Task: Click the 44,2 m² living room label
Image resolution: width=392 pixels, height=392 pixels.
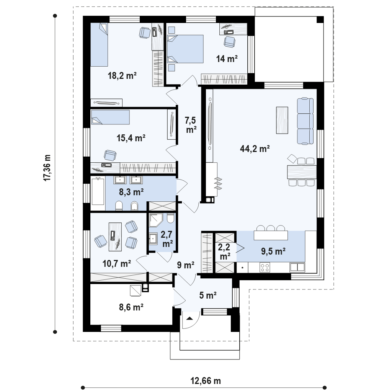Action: [x=255, y=149]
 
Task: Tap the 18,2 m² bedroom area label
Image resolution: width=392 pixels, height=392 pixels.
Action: [x=122, y=75]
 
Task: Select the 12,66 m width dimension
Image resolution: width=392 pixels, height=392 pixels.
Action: [x=206, y=381]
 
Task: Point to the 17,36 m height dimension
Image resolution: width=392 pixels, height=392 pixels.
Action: [x=47, y=168]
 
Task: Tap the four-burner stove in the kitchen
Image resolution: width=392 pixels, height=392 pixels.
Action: [x=265, y=268]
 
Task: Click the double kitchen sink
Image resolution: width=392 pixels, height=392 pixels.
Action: [x=297, y=267]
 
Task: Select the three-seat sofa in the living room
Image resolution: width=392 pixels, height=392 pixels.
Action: [x=305, y=121]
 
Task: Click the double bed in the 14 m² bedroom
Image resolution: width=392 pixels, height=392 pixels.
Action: [x=185, y=49]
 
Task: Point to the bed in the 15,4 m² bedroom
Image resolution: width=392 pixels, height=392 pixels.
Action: [x=110, y=117]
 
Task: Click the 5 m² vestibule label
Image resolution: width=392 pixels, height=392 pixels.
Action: [x=208, y=295]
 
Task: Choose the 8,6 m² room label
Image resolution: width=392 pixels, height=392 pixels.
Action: [x=131, y=307]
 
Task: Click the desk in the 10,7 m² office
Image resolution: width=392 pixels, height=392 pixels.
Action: [x=115, y=237]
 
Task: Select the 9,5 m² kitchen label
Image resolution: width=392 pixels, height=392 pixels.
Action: [x=273, y=251]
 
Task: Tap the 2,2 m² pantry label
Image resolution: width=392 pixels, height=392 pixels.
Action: [x=224, y=252]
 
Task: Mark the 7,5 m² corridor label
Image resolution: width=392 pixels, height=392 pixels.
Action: [x=191, y=125]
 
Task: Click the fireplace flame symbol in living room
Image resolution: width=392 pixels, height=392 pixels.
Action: [x=218, y=184]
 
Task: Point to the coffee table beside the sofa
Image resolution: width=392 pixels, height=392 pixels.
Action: [x=282, y=120]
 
